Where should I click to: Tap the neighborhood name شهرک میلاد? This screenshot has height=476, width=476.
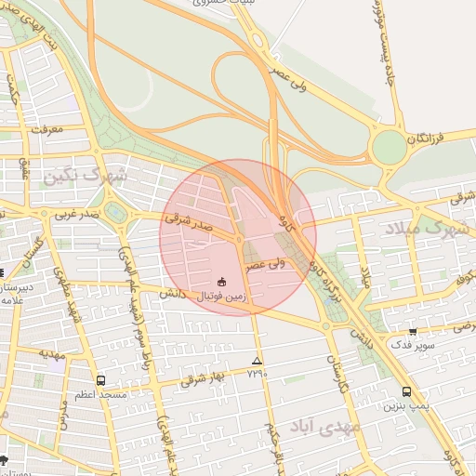click(x=416, y=227)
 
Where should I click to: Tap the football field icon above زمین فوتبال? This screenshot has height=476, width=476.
click(x=221, y=282)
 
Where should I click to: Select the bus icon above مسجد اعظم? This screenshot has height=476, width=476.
click(x=100, y=380)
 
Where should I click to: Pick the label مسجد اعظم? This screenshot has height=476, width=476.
click(x=101, y=394)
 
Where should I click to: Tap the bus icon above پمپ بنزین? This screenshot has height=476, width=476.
click(x=406, y=392)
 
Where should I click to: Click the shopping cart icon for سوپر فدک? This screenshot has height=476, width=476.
click(x=413, y=331)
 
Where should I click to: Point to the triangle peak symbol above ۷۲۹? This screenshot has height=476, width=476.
click(x=257, y=361)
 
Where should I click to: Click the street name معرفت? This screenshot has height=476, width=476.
click(x=46, y=129)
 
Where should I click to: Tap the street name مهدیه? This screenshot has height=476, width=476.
click(x=49, y=353)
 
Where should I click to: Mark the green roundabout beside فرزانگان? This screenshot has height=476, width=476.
click(x=390, y=147)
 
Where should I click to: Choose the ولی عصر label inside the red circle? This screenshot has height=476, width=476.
click(x=264, y=265)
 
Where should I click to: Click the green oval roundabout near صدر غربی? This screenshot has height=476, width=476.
click(x=115, y=213)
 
